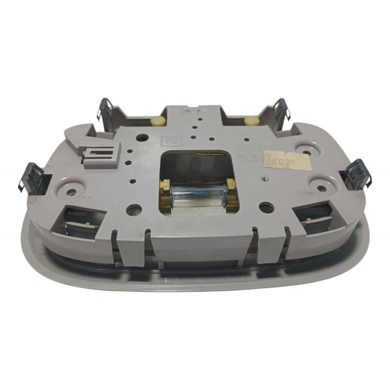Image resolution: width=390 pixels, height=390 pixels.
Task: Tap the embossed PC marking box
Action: point(168,140)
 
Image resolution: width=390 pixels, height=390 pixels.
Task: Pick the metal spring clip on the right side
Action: point(355,174)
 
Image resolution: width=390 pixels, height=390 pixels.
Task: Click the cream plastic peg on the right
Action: point(250,120)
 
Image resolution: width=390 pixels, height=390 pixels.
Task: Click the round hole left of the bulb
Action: point(133,210)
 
